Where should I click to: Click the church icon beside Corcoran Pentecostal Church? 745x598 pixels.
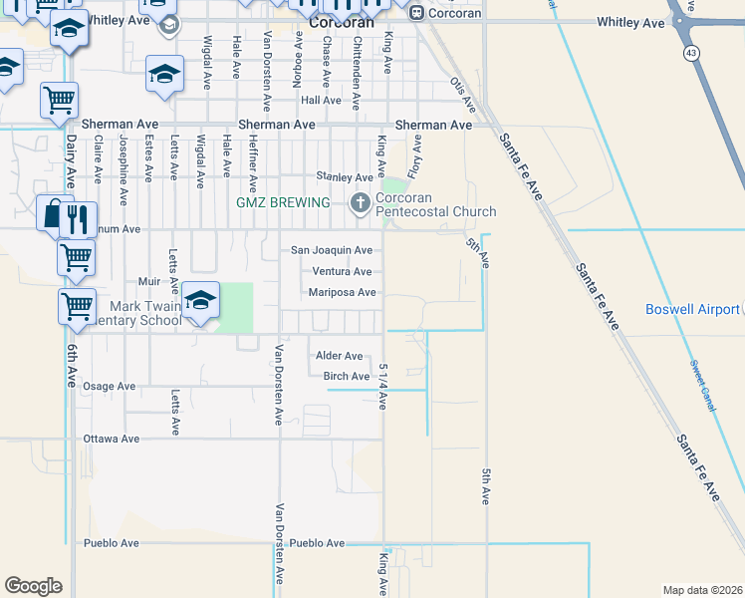tap(360, 203)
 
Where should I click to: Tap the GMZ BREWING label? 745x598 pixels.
tap(283, 203)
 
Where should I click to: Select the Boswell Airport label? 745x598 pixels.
tap(692, 310)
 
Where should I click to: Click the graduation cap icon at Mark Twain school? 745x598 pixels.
tap(200, 302)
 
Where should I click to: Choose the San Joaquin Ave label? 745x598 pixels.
tap(332, 250)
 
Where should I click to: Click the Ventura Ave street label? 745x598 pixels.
tap(342, 271)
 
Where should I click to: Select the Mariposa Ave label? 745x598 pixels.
tap(342, 292)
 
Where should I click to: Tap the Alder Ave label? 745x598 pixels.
tap(339, 356)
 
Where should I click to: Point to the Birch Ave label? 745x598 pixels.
tap(347, 377)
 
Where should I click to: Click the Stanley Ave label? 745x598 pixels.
tap(344, 177)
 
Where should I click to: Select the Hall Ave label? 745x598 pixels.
tap(321, 101)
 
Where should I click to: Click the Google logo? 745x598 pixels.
tap(33, 586)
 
